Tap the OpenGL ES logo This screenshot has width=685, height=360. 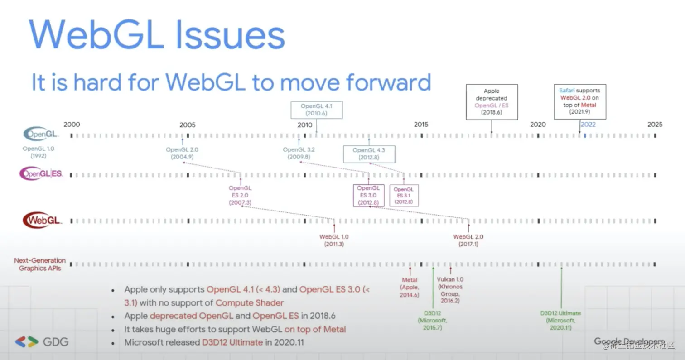(x=41, y=174)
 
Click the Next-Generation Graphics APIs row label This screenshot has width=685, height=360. (x=40, y=264)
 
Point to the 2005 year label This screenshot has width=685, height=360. (x=188, y=125)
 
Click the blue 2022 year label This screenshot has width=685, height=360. (x=588, y=125)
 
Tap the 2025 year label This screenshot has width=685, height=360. (x=655, y=125)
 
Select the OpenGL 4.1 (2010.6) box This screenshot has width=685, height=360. (x=316, y=110)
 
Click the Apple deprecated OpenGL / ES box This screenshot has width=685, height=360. (x=492, y=101)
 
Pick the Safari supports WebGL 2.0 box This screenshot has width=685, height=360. (x=580, y=101)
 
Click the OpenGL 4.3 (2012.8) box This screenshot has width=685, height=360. (x=369, y=154)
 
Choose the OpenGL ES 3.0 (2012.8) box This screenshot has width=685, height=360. (x=368, y=195)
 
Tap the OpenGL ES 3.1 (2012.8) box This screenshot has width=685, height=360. (x=404, y=196)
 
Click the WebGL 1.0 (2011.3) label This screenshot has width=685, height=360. (x=334, y=240)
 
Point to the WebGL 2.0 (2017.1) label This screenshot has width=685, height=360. (x=468, y=240)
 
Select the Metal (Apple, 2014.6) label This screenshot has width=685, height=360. (x=410, y=287)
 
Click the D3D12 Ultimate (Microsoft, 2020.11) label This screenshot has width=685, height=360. (x=560, y=320)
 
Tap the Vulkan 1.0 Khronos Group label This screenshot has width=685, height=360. (x=450, y=290)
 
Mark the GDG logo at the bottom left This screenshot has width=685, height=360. (x=42, y=342)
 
